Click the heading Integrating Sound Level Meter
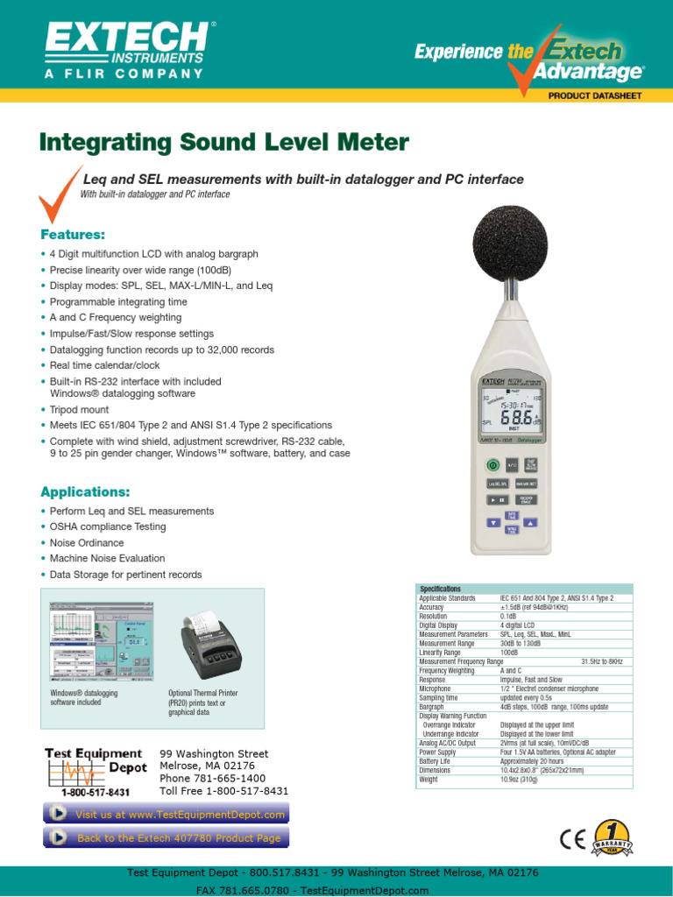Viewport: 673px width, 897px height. [224, 142]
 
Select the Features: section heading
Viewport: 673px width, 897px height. [73, 235]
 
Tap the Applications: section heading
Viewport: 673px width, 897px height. [85, 491]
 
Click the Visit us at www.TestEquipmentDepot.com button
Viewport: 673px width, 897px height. [166, 814]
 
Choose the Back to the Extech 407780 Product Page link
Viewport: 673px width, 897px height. [166, 838]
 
